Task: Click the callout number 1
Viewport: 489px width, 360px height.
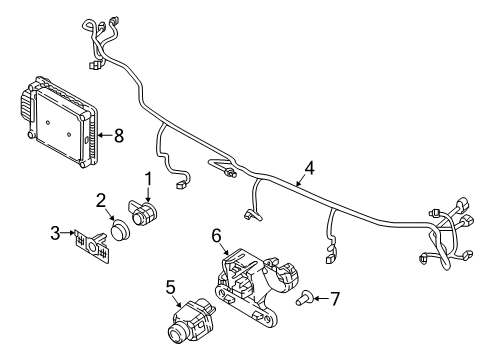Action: click(148, 179)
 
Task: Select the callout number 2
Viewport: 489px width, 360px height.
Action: click(101, 201)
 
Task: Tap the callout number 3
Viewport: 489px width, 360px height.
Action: click(55, 233)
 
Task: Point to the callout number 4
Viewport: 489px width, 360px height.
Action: click(310, 168)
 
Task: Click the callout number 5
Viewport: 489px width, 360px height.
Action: click(170, 287)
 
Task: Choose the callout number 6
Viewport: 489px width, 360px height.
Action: click(216, 236)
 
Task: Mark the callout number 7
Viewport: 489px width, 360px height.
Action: click(334, 298)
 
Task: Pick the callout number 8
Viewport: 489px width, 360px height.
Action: click(119, 136)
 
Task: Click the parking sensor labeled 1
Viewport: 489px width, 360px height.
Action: click(143, 212)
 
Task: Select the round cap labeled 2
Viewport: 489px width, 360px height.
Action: click(117, 229)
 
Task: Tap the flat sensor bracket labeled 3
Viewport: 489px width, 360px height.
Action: click(92, 247)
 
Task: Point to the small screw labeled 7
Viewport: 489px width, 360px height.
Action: click(304, 297)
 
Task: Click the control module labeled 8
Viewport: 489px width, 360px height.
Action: click(60, 122)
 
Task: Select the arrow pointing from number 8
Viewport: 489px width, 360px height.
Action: click(106, 135)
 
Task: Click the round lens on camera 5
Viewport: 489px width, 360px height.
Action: click(176, 331)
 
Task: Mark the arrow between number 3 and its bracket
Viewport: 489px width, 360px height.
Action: click(68, 233)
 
